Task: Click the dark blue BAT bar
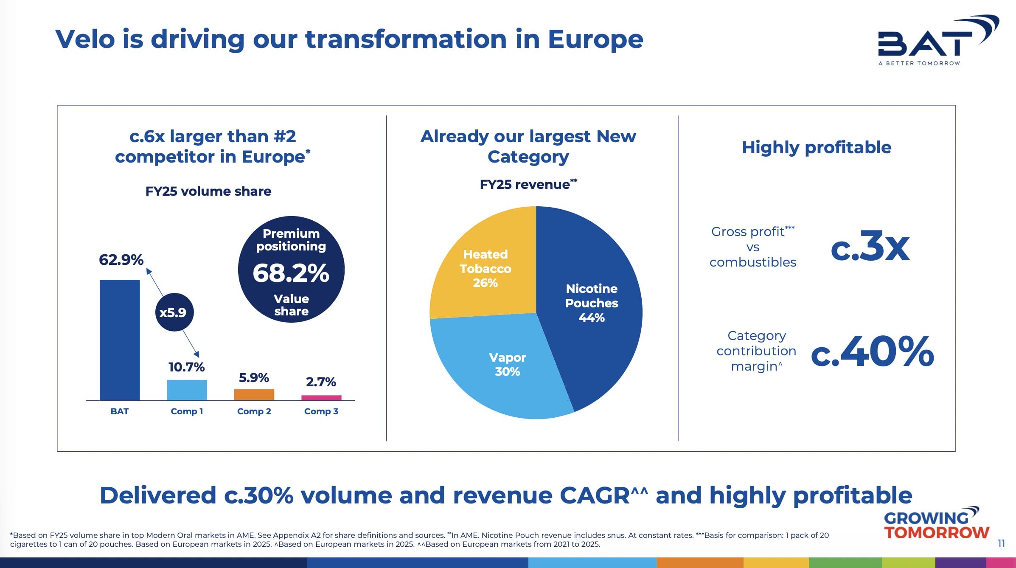[x=120, y=340]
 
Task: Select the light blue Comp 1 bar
[x=187, y=390]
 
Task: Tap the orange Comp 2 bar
[x=254, y=394]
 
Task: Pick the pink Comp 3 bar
[x=321, y=398]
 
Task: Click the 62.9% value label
[x=121, y=260]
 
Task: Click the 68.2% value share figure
[x=291, y=273]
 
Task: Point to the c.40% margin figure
[x=872, y=351]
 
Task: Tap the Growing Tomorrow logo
[x=936, y=524]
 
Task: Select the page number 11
[x=1001, y=544]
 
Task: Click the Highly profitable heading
[x=816, y=147]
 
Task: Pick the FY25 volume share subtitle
[x=208, y=191]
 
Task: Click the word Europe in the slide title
[x=595, y=39]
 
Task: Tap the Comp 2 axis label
[x=254, y=411]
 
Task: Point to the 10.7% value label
[x=186, y=367]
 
